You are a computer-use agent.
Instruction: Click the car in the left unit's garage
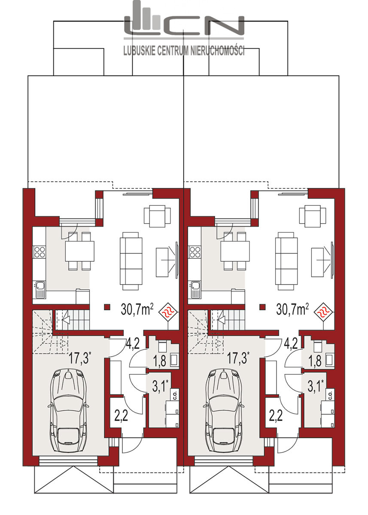tap(69, 410)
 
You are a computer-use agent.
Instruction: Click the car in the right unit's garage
tap(224, 410)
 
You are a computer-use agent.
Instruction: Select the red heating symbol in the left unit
tap(169, 312)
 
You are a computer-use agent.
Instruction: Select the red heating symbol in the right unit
tap(324, 312)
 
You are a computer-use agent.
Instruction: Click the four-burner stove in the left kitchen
tap(40, 251)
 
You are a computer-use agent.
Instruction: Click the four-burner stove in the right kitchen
tap(195, 251)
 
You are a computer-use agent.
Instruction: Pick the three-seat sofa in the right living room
tap(286, 261)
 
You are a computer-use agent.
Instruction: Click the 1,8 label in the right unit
tap(315, 361)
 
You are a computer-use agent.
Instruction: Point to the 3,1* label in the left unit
tap(160, 386)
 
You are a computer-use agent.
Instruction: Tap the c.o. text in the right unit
tap(330, 395)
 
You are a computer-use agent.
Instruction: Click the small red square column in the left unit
tap(107, 307)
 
